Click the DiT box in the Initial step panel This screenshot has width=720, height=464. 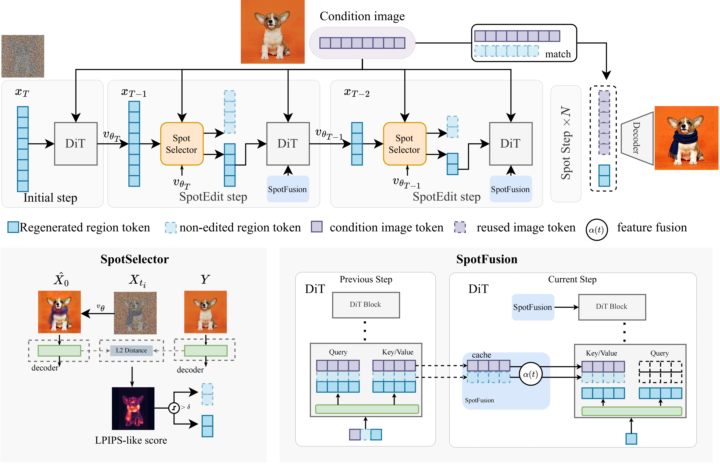coord(76,144)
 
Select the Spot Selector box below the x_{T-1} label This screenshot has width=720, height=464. coord(182,144)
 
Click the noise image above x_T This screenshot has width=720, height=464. coord(23,56)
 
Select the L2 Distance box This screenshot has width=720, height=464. coord(131,350)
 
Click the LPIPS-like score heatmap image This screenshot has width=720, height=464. coord(133,408)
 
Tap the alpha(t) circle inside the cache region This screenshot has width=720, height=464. coord(530,374)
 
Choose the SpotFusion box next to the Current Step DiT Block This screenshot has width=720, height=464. coord(532,307)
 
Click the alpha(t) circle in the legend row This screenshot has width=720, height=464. coord(596,230)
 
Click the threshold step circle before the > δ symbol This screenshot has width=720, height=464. coord(174,408)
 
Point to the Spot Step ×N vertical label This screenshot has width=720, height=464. coord(566,143)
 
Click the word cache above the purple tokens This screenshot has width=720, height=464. coord(481,355)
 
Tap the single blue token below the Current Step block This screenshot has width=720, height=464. coord(631,439)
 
